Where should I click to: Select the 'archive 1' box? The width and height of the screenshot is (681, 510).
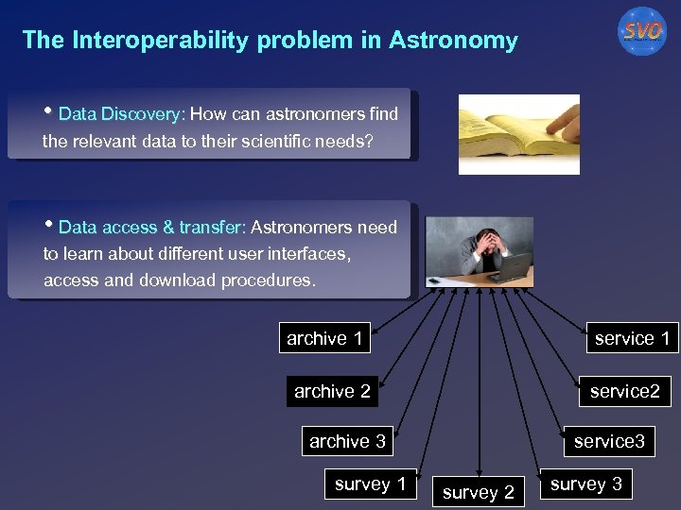point(324,338)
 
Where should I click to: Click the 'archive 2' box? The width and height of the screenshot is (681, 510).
point(332,391)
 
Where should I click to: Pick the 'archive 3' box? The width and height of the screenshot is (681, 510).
point(347,441)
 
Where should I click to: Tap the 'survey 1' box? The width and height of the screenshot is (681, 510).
point(370,484)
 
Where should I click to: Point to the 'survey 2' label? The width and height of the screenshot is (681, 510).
point(479,492)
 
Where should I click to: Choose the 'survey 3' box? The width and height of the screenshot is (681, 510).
point(586,484)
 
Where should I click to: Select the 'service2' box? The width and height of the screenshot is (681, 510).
point(624,391)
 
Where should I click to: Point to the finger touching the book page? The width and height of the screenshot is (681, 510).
point(562,120)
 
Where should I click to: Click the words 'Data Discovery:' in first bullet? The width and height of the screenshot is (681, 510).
point(121,115)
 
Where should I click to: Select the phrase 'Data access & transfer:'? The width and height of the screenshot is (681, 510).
point(151,228)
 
